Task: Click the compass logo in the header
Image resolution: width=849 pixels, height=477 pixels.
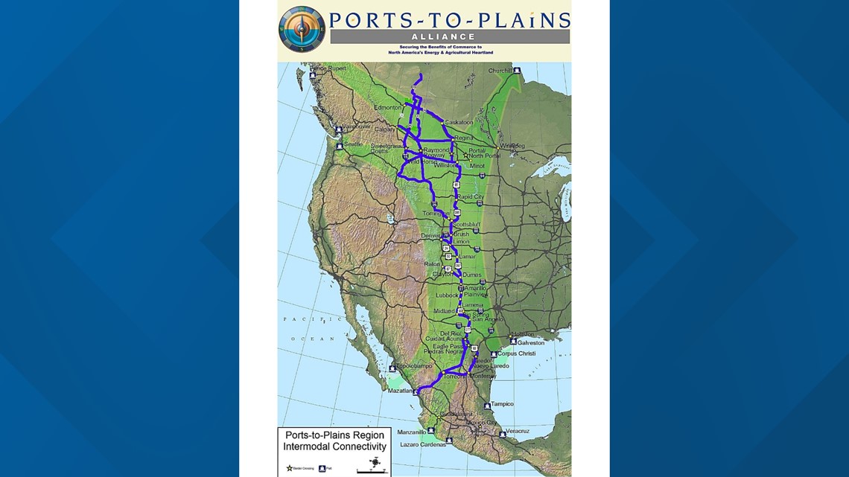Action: (302, 28)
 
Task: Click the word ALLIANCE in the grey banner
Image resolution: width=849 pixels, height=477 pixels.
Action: (450, 36)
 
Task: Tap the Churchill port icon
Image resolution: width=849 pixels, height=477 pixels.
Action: (517, 71)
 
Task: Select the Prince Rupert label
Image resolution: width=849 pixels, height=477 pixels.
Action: (328, 68)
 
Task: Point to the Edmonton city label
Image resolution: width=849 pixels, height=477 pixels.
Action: (388, 108)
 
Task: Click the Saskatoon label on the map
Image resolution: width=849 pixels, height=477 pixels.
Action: (459, 122)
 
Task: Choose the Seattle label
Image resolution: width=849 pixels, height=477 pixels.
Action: (353, 144)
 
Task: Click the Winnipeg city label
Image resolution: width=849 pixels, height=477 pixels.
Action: (512, 145)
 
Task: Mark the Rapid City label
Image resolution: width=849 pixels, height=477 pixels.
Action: (470, 197)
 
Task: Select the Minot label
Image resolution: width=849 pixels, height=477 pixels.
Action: (477, 166)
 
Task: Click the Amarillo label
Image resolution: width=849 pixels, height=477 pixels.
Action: (477, 287)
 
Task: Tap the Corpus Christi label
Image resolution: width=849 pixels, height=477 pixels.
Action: (517, 353)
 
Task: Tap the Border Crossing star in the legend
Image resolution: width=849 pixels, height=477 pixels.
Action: (290, 468)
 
